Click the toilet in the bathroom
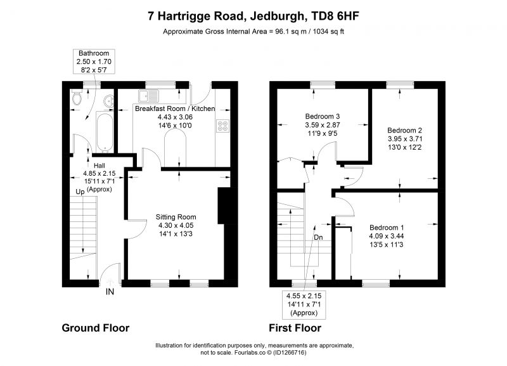point(77,98)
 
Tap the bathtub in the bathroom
point(105,133)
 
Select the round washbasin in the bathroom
point(109,101)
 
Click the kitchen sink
point(148,96)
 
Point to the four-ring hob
point(222,126)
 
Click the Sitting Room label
point(176,217)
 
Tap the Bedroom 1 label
point(387,228)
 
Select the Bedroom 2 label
point(404,131)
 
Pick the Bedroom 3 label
point(323,116)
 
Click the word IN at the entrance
point(110,292)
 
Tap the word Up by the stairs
point(80,192)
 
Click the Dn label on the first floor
point(318,237)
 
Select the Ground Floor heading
point(96,328)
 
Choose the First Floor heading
point(295,328)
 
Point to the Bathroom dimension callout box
point(94,62)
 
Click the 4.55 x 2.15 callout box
point(304,304)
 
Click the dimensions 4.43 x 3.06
point(175,117)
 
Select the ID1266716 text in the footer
point(290,353)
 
